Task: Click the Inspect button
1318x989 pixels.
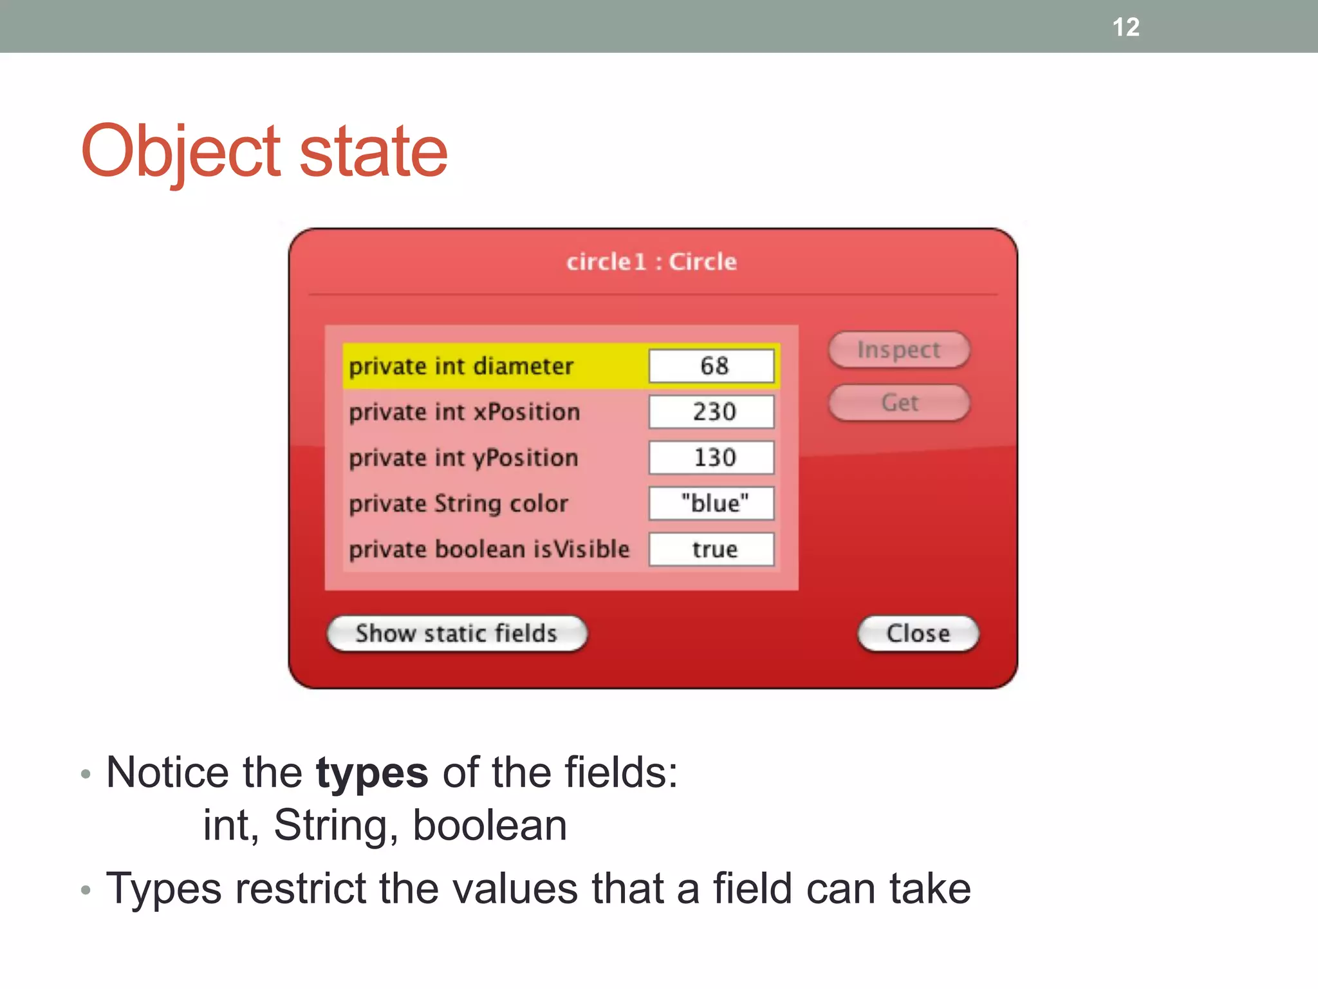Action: pos(898,350)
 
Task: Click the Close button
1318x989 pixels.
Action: pos(918,634)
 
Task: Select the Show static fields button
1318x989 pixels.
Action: pos(456,634)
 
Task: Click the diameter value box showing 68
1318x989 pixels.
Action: pos(711,366)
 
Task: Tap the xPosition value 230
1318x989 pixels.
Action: pos(711,411)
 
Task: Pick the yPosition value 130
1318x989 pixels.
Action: pos(711,458)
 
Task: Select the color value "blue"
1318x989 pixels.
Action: pos(711,504)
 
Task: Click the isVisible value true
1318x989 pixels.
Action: pos(711,549)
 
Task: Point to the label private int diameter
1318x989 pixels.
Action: pos(461,366)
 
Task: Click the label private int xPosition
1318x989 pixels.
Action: pos(464,412)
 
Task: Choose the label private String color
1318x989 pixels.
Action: pos(458,504)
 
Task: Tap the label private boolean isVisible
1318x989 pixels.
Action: pos(489,549)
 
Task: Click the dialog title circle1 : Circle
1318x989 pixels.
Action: pos(651,262)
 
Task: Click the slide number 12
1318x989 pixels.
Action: pos(1126,27)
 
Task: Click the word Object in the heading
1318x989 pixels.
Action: pos(181,152)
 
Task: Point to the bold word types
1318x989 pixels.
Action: pos(371,773)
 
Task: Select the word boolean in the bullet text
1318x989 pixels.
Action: pos(489,825)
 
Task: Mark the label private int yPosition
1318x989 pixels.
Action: pos(463,458)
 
